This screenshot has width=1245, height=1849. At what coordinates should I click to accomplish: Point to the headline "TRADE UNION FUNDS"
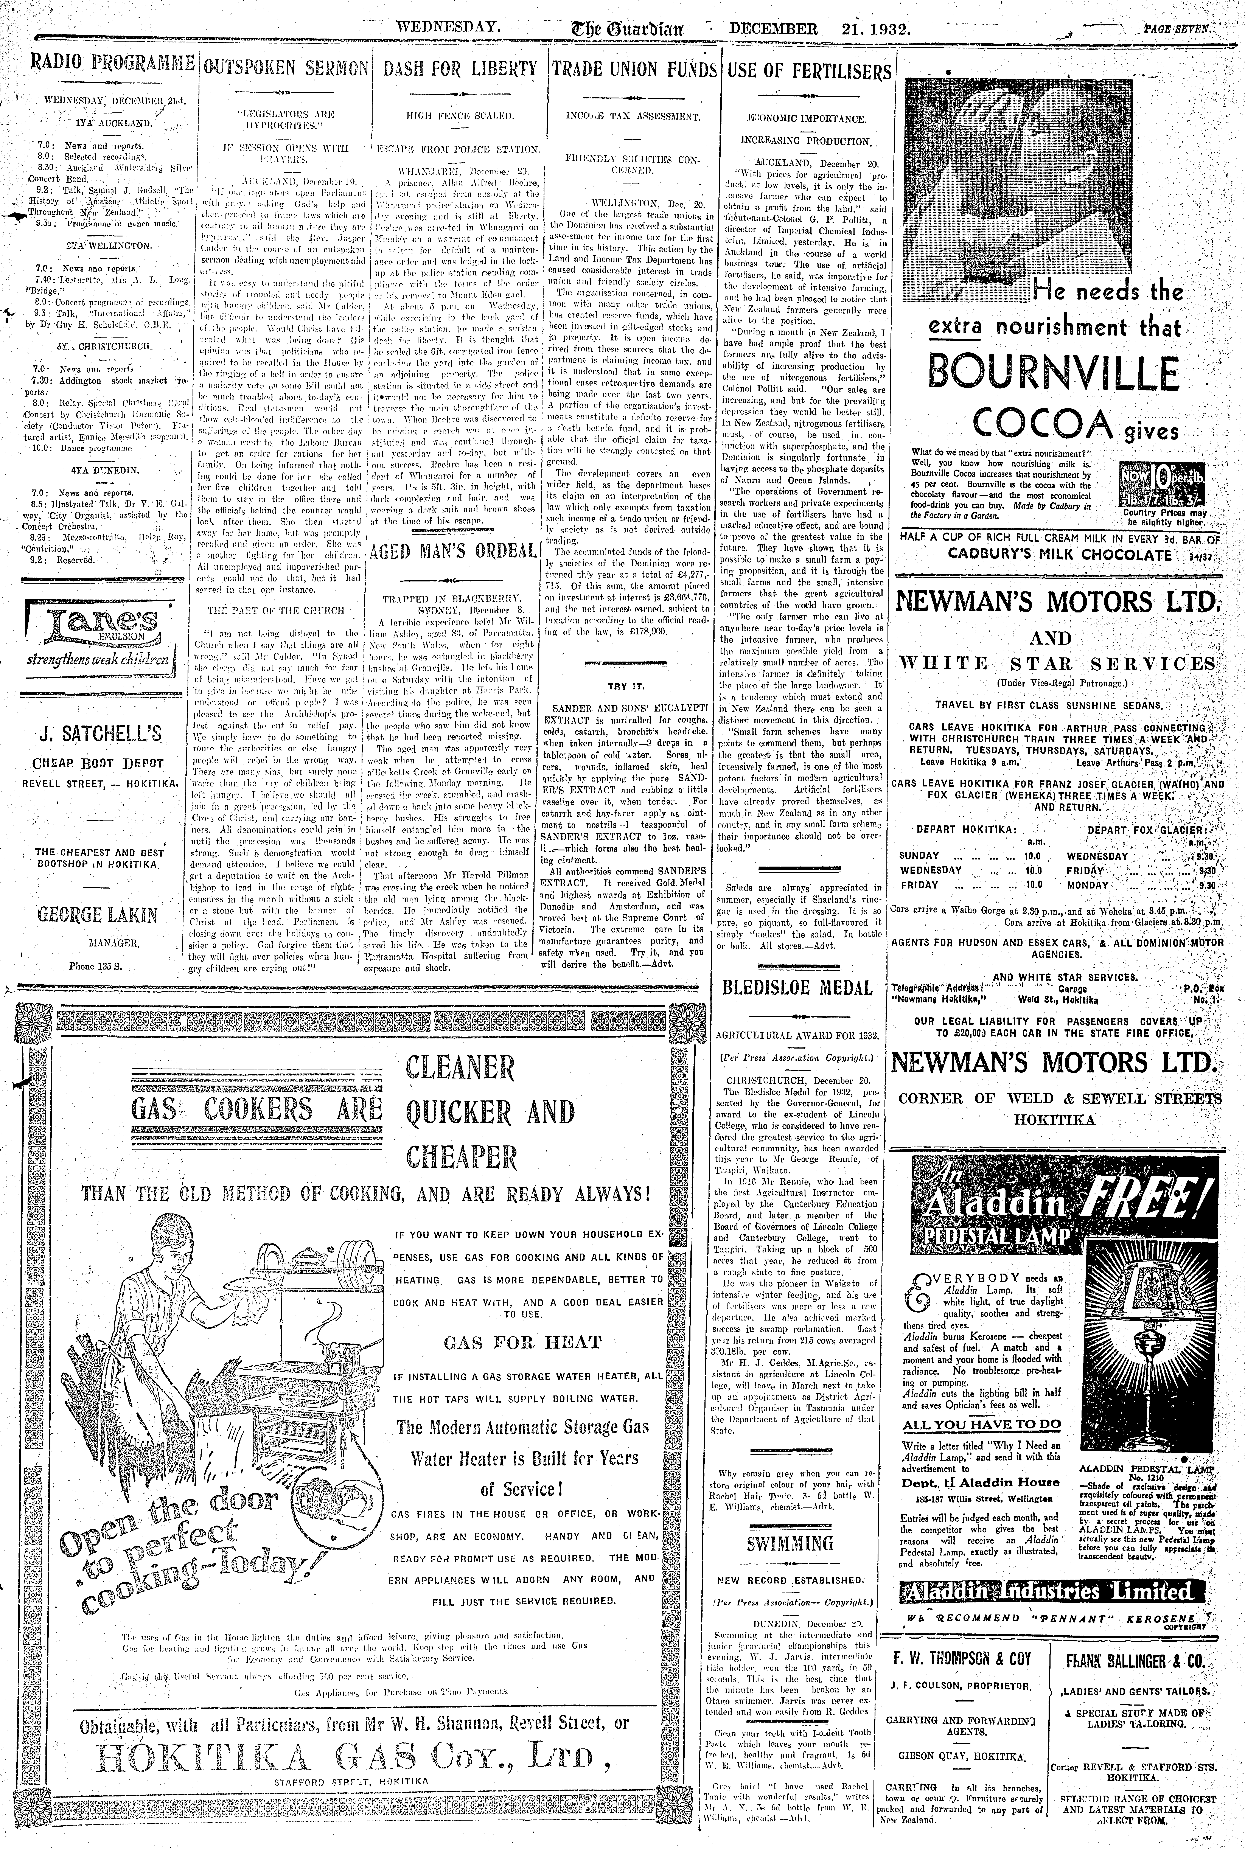click(x=634, y=69)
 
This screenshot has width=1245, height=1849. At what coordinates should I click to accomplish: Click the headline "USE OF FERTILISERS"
click(x=810, y=71)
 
